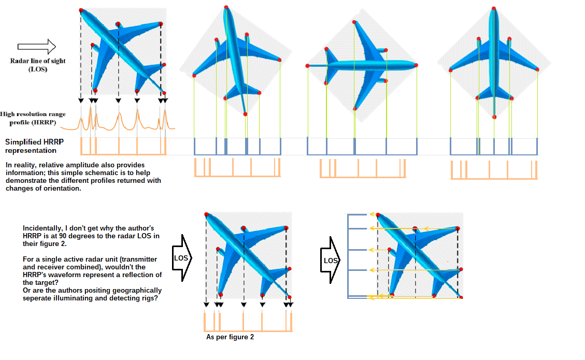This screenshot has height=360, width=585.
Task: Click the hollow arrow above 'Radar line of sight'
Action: point(36,47)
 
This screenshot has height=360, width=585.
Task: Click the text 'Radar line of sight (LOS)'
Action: point(38,65)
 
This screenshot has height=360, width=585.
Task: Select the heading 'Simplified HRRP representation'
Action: point(31,146)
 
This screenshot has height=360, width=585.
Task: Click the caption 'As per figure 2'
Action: point(230,337)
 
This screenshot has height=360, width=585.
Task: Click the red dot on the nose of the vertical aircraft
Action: point(494,8)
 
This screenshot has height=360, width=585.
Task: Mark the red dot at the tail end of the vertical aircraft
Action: point(494,117)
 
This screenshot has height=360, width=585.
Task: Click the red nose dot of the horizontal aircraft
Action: point(416,65)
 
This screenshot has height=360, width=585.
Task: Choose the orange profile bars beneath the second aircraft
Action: point(237,168)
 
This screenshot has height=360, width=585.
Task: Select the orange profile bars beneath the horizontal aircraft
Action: point(362,169)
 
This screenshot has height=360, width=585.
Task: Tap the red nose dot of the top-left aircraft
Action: point(81,10)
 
